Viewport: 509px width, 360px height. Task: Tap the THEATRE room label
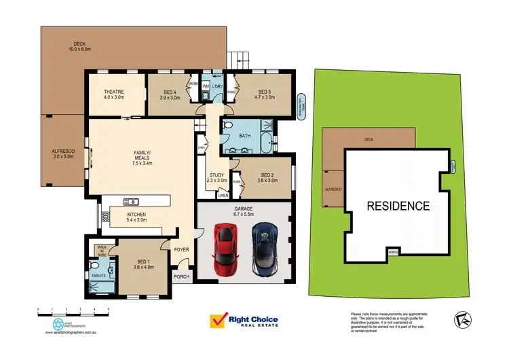[115, 92]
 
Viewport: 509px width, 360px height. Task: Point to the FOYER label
[181, 250]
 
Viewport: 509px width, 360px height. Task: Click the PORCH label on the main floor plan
[182, 276]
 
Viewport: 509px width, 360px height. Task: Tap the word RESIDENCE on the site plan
[398, 205]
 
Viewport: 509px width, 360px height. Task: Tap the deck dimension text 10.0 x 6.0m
[80, 49]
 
